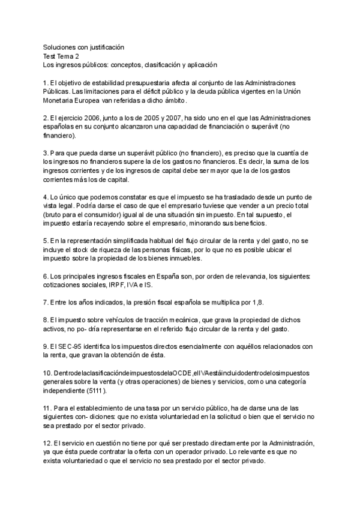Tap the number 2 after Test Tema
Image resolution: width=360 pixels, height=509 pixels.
click(x=82, y=55)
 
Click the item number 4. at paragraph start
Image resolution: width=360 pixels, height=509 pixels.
click(x=46, y=197)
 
